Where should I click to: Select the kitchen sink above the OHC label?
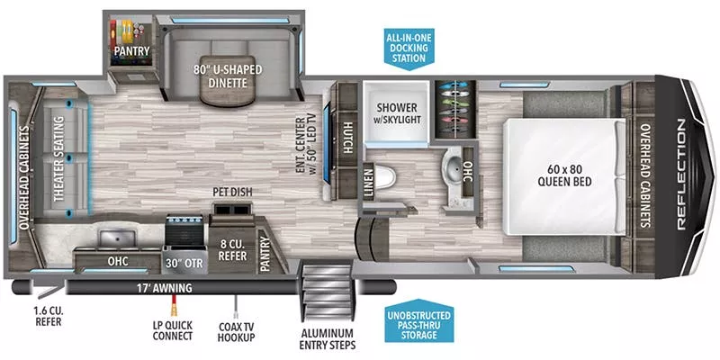(115, 238)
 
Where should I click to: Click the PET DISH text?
(231, 192)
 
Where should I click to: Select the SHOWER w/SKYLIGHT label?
(396, 114)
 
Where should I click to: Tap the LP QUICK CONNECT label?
(173, 330)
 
